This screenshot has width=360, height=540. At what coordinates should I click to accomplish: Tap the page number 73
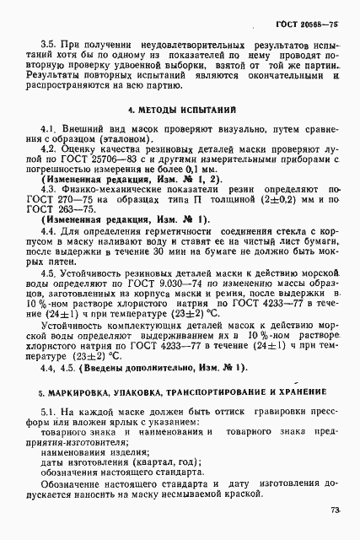336,510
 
